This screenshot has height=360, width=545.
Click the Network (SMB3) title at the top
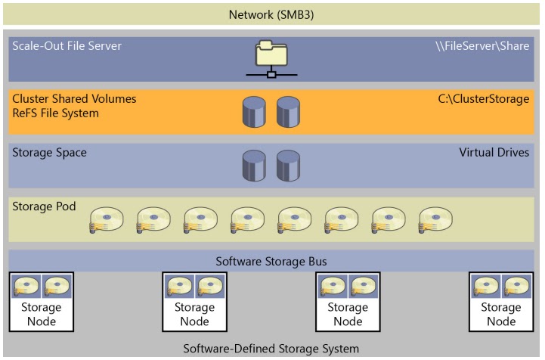272,14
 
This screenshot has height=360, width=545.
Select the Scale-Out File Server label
67,46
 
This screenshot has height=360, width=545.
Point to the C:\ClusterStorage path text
484,99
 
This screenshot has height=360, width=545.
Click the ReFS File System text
55,113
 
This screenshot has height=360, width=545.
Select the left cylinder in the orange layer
254,112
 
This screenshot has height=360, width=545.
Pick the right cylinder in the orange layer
288,112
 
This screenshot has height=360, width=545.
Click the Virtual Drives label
494,153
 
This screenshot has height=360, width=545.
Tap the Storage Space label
49,153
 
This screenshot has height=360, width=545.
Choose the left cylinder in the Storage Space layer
254,166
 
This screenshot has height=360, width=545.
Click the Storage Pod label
44,206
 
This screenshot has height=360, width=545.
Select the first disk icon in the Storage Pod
106,220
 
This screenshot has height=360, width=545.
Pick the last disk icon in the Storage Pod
435,220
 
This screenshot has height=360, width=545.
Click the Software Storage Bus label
271,262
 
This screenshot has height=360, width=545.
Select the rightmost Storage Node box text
501,314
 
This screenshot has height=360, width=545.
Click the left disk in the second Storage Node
179,287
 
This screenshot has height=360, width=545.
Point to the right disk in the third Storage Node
363,287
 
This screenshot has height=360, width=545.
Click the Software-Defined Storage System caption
271,349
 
